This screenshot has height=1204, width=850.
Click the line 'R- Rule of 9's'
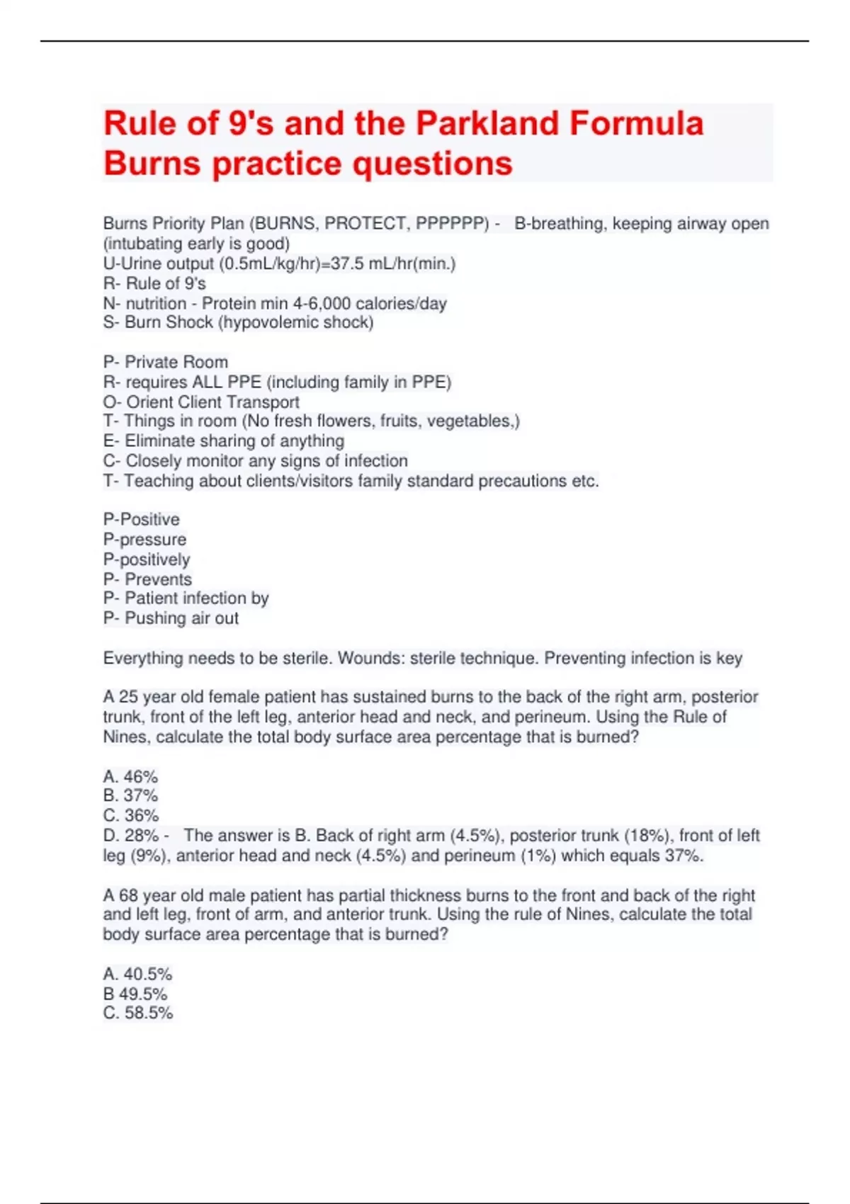pyautogui.click(x=154, y=283)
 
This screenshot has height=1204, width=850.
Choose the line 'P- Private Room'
pyautogui.click(x=165, y=362)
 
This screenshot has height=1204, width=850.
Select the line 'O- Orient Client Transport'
pyautogui.click(x=201, y=402)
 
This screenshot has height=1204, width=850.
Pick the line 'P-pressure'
pyautogui.click(x=144, y=539)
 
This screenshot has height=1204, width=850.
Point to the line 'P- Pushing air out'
pyautogui.click(x=171, y=618)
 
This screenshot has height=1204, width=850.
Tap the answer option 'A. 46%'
pyautogui.click(x=130, y=776)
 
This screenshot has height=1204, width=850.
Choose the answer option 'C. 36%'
pyautogui.click(x=130, y=815)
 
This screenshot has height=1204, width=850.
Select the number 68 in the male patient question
pyautogui.click(x=128, y=895)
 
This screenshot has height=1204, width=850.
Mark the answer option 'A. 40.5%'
pyautogui.click(x=137, y=974)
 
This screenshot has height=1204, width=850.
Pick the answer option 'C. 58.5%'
pyautogui.click(x=137, y=1013)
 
